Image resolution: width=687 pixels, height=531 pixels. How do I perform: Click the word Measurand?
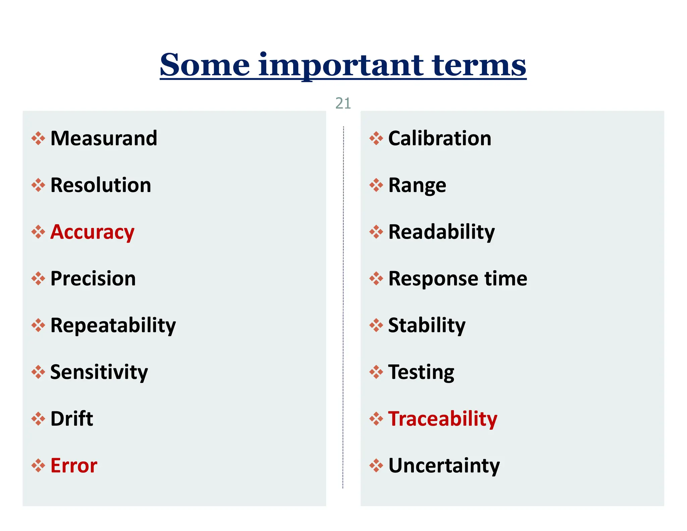[x=104, y=138]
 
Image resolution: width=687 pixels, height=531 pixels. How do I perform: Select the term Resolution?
[x=101, y=185]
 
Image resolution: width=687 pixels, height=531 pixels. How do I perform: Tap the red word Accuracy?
[x=92, y=232]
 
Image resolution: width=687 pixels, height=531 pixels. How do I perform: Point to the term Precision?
[x=93, y=279]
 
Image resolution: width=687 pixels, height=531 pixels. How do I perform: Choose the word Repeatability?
[x=113, y=325]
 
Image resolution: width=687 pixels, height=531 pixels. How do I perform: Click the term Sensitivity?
[x=99, y=372]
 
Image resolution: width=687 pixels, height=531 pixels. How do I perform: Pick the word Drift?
[x=71, y=419]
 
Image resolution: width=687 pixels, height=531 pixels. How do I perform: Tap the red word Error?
[x=74, y=466]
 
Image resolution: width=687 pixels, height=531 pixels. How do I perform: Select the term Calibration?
[x=439, y=138]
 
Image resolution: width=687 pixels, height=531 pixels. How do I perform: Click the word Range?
[x=417, y=185]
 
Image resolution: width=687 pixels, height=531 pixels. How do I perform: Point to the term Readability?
[x=441, y=232]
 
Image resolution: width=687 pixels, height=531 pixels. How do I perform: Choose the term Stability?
[x=427, y=325]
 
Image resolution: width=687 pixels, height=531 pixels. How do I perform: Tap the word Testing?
[x=421, y=372]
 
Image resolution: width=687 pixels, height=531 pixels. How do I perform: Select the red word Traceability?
[x=442, y=419]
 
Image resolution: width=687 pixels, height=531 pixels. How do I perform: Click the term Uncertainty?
[x=444, y=466]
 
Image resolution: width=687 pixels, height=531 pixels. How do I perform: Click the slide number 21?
[x=343, y=103]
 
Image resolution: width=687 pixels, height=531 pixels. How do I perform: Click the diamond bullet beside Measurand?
[x=38, y=138]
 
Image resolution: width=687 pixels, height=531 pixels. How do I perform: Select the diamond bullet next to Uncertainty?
[x=376, y=466]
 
